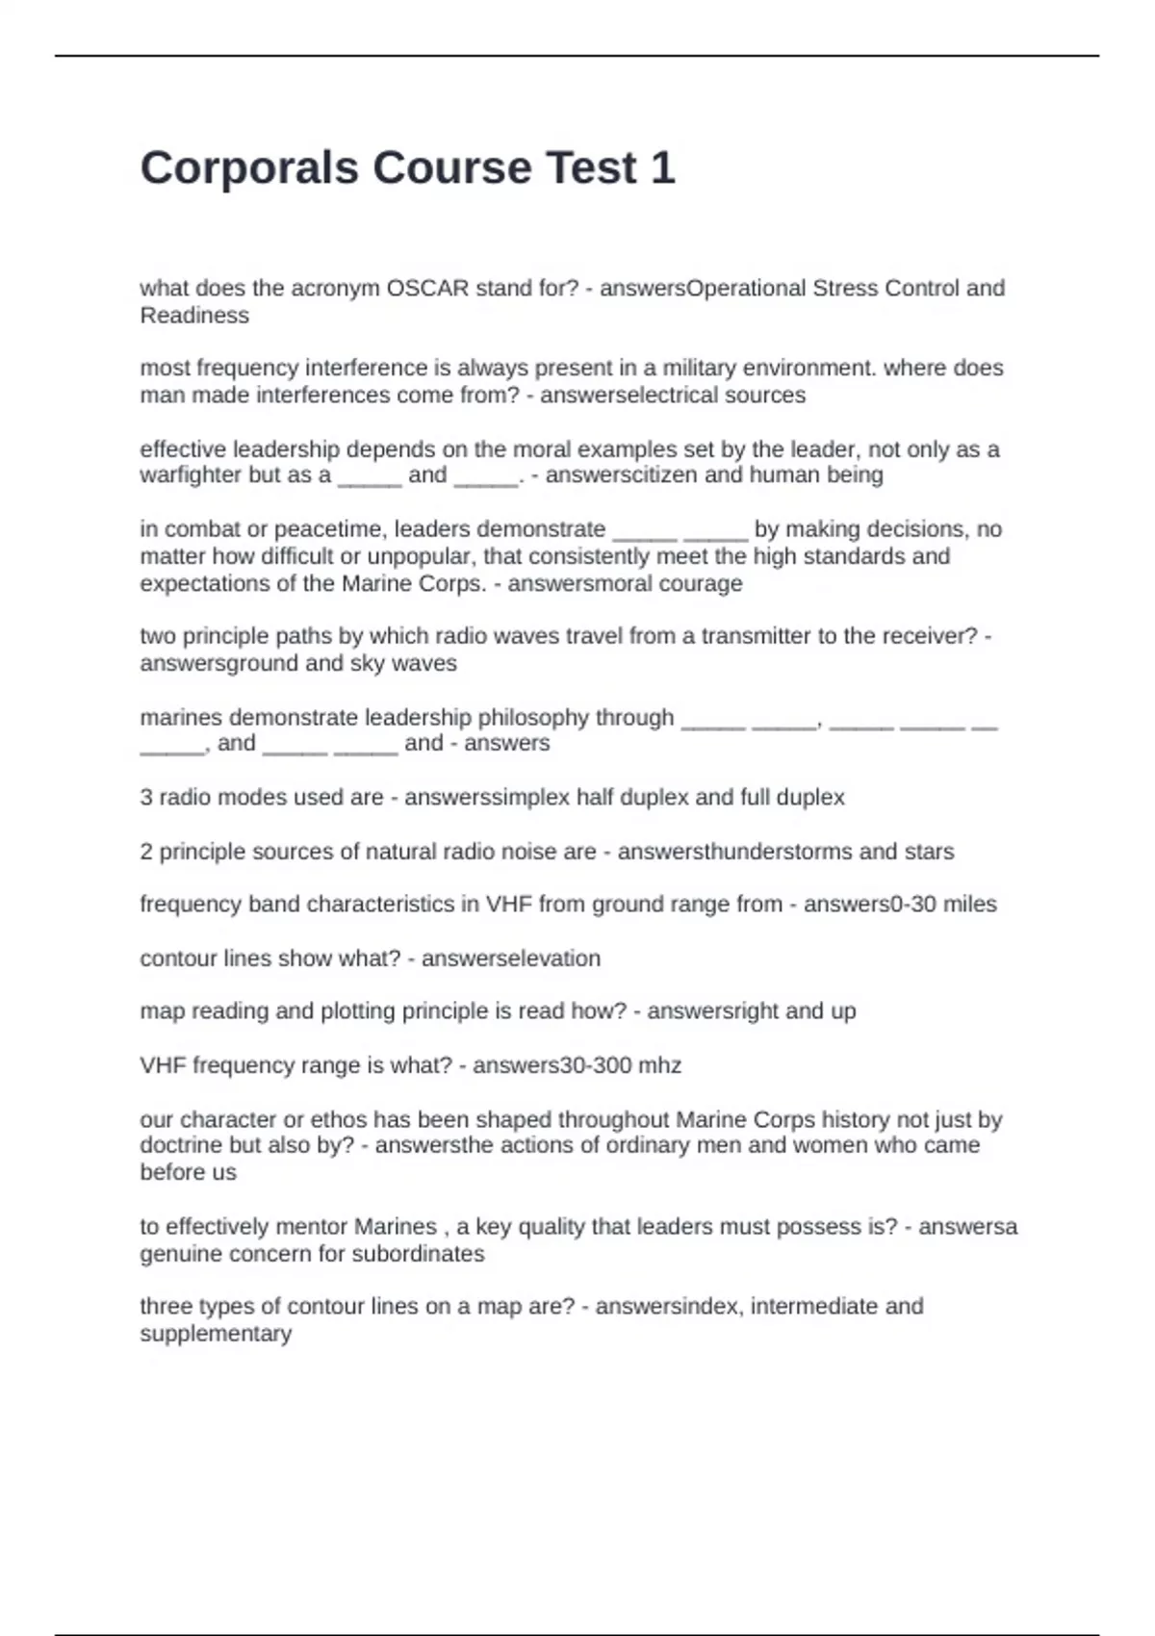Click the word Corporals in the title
click(248, 168)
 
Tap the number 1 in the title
click(662, 168)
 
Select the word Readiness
click(194, 316)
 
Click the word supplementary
click(216, 1334)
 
